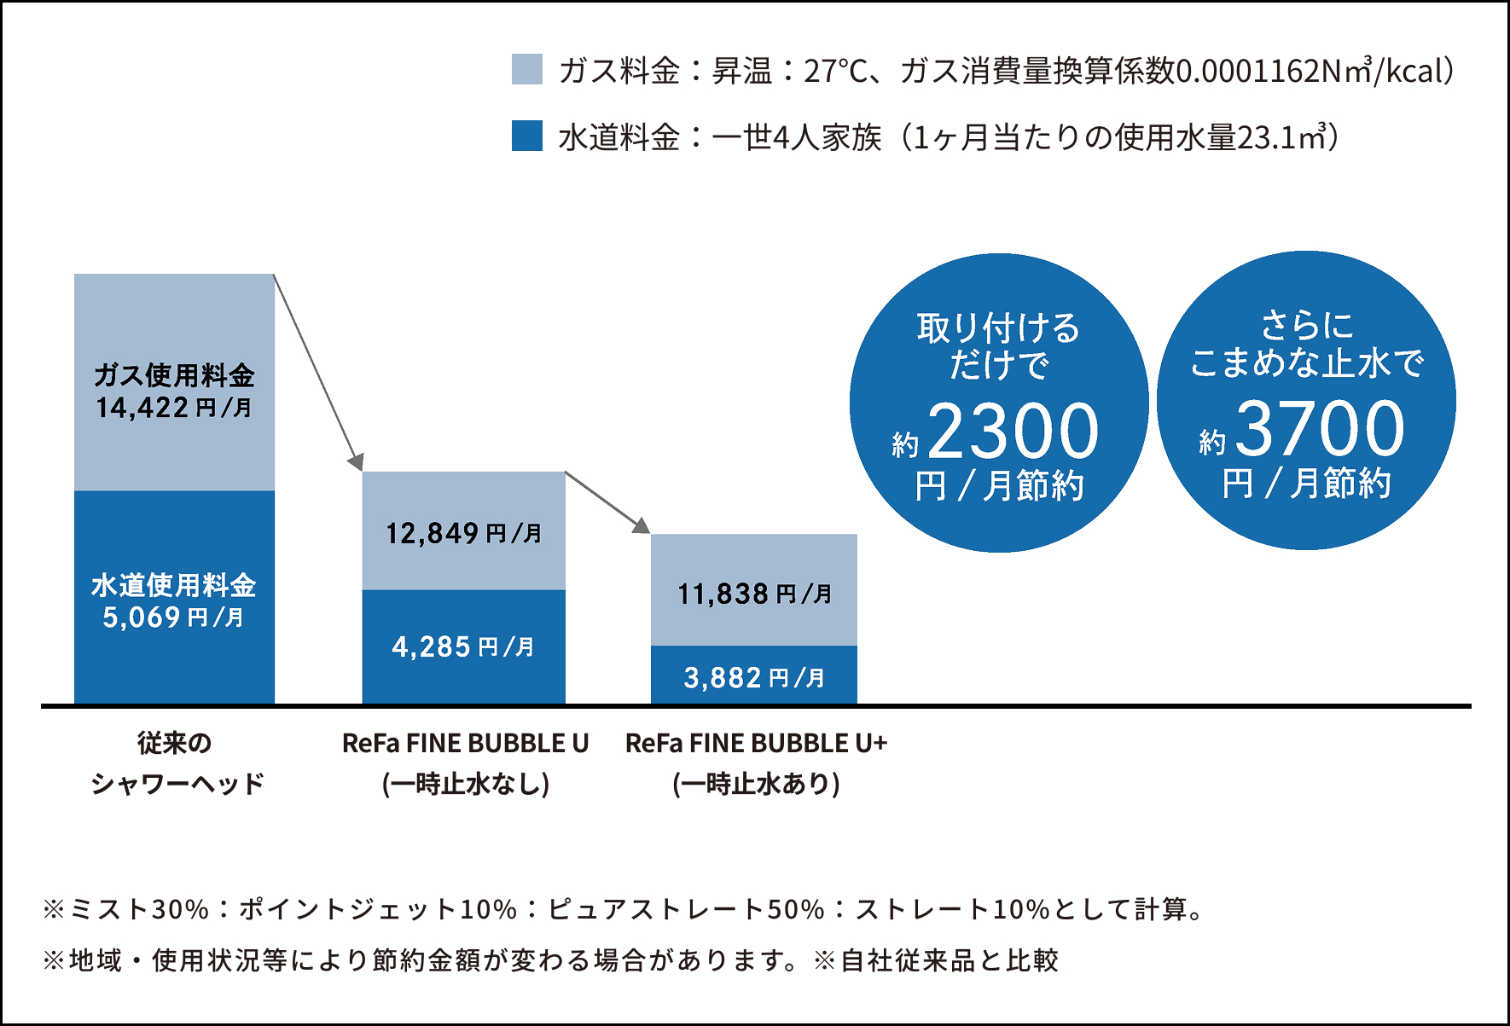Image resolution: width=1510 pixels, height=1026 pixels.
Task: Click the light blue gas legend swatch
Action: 527,69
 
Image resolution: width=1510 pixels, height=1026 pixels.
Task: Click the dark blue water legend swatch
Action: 527,136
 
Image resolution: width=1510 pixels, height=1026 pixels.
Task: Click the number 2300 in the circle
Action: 1013,432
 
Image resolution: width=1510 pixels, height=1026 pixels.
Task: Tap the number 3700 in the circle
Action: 1319,429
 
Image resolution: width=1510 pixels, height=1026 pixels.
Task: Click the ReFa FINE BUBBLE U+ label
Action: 756,744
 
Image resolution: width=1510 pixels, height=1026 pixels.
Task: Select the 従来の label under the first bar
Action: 174,744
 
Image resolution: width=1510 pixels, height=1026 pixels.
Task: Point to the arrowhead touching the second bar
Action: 356,463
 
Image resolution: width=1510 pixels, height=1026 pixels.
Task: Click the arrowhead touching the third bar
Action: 642,525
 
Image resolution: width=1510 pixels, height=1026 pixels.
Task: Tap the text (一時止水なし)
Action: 466,783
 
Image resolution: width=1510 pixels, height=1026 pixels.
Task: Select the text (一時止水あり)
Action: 756,783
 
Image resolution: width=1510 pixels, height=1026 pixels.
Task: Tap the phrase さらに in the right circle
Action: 1306,325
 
